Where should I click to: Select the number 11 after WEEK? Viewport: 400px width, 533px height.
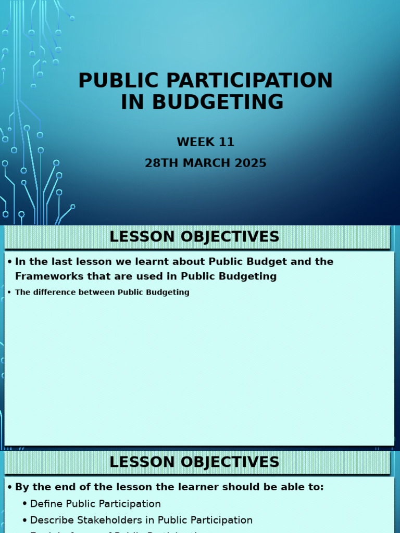pos(226,142)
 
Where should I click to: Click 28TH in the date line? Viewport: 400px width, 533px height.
pos(159,163)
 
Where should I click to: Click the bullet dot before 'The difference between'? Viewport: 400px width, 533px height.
pos(9,293)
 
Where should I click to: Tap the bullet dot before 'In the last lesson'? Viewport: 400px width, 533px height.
pos(9,262)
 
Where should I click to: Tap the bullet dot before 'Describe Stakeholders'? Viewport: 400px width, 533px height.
pos(24,521)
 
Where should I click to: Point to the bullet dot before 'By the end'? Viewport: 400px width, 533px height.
pos(9,488)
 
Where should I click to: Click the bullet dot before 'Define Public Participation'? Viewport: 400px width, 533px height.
pos(24,504)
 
